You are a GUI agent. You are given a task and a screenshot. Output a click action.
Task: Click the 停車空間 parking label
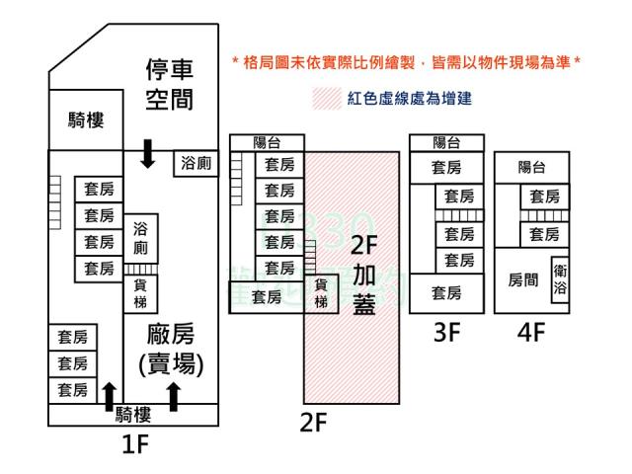click(x=169, y=84)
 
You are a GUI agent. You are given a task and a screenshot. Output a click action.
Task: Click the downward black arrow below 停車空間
click(x=148, y=153)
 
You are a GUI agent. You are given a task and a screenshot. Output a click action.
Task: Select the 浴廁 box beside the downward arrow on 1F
click(x=196, y=164)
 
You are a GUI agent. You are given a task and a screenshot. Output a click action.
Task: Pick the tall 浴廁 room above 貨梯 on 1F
click(x=140, y=238)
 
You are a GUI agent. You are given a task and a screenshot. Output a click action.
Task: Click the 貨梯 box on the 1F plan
click(x=140, y=290)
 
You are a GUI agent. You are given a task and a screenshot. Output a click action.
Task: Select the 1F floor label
click(x=133, y=445)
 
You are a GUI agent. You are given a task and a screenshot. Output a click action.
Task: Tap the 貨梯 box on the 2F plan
click(x=321, y=294)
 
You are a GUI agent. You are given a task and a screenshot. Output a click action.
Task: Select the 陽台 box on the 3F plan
click(x=446, y=143)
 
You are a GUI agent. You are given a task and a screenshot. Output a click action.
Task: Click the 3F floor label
click(x=447, y=333)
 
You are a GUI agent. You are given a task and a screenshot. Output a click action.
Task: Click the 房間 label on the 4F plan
click(x=523, y=280)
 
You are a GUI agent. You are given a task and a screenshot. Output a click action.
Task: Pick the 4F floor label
click(x=531, y=333)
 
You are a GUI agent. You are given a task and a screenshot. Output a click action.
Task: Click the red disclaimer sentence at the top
click(x=405, y=62)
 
